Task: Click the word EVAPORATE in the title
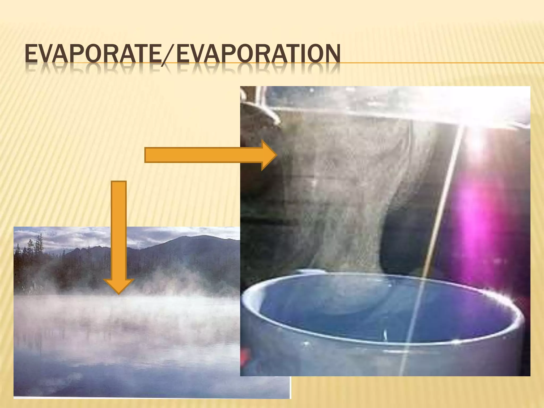(x=93, y=54)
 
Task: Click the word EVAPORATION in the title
(x=258, y=54)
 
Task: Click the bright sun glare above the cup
(x=475, y=138)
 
